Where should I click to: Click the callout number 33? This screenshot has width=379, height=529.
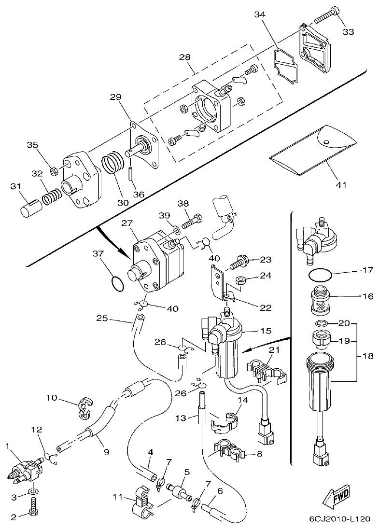pyautogui.click(x=348, y=32)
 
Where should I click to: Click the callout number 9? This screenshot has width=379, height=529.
pyautogui.click(x=106, y=452)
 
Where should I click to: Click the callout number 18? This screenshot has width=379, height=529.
pyautogui.click(x=368, y=356)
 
